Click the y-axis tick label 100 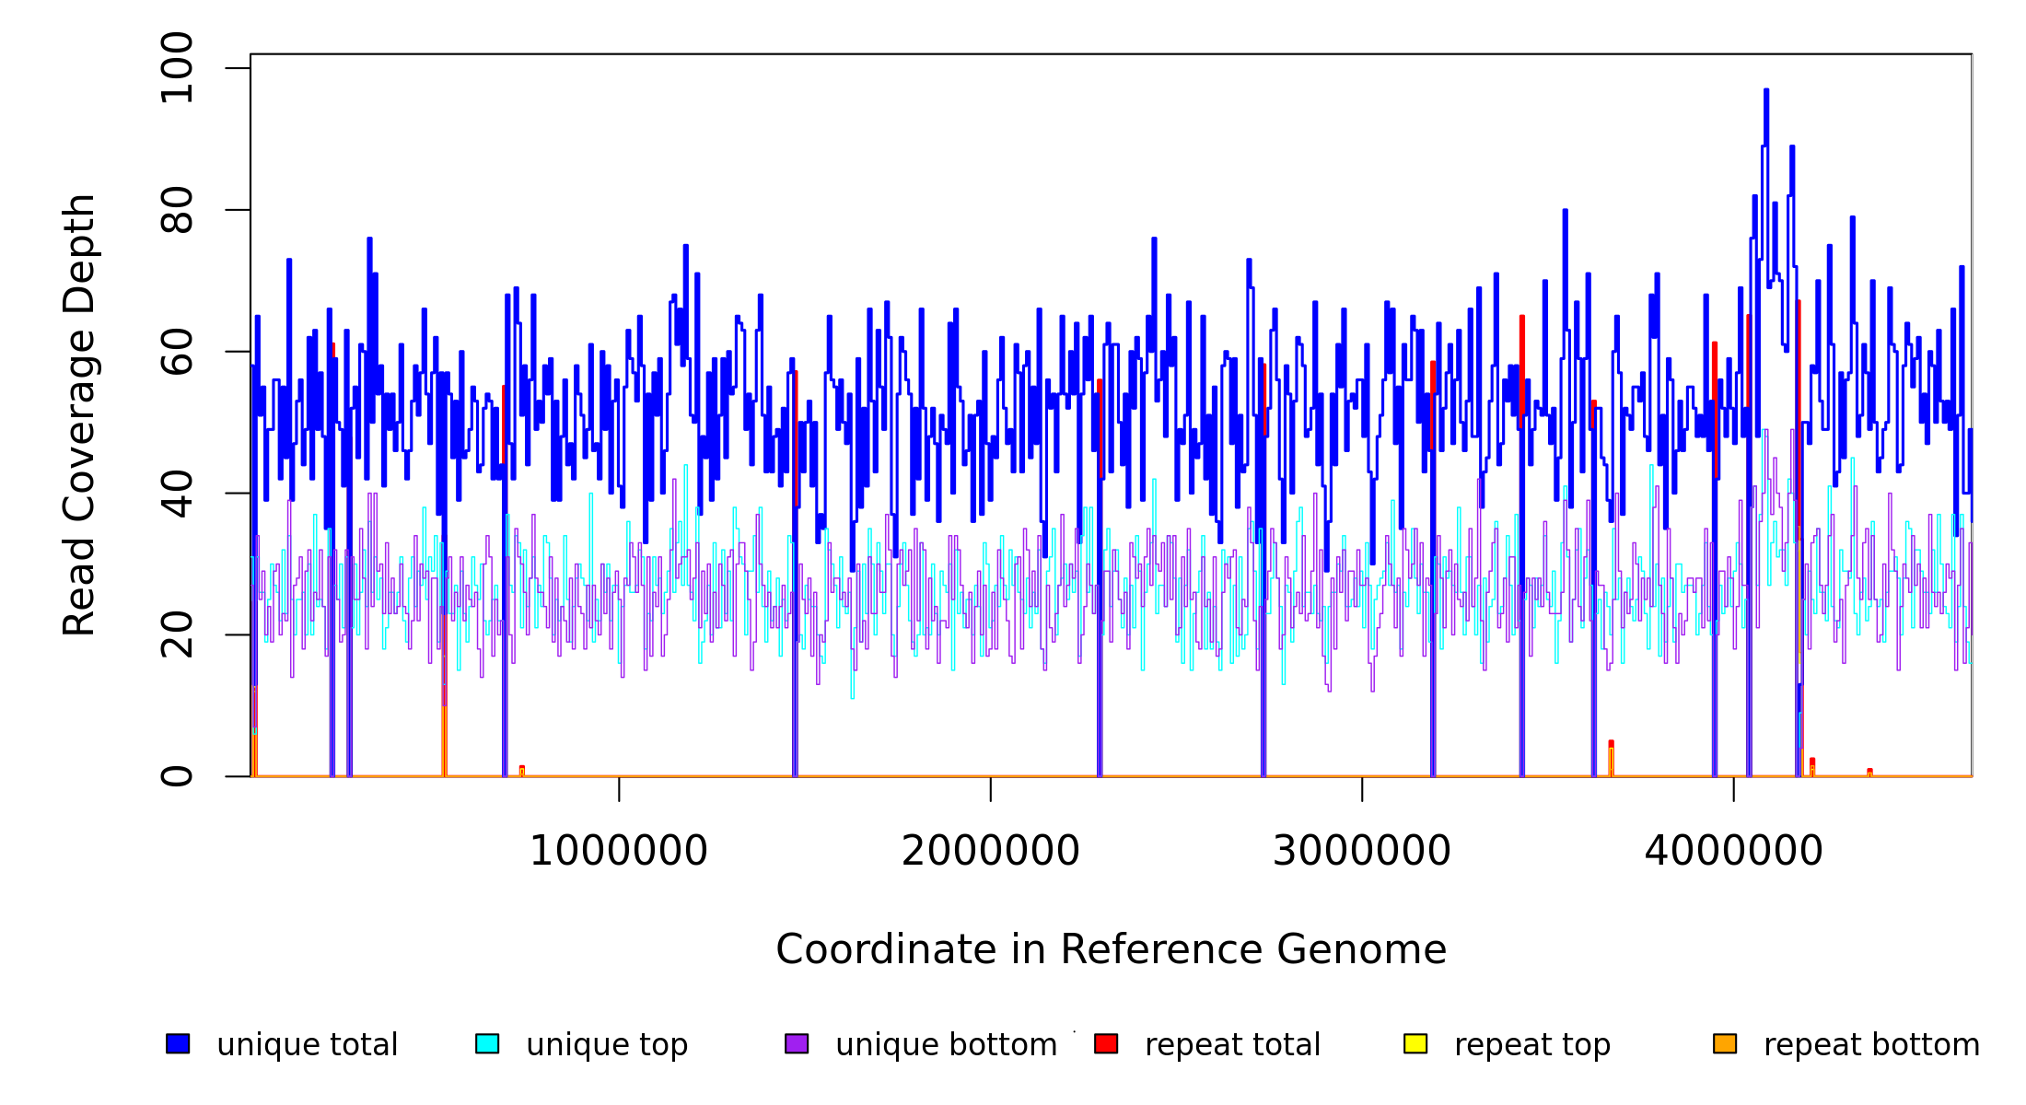click(177, 68)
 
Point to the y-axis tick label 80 click(177, 210)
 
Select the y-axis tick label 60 click(177, 352)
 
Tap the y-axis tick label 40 click(177, 494)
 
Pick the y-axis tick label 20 click(177, 635)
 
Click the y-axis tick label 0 click(177, 776)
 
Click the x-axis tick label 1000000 click(619, 852)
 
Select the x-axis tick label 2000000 click(991, 852)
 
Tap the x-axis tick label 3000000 click(1362, 852)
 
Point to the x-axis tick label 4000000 click(1734, 852)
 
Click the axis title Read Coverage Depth click(79, 414)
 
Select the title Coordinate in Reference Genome click(1111, 950)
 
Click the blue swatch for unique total click(178, 1043)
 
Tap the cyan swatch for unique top click(487, 1043)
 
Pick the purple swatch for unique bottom click(797, 1043)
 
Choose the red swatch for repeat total click(1106, 1043)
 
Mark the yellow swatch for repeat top click(1415, 1043)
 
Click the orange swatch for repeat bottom click(1725, 1043)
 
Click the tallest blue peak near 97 click(1766, 90)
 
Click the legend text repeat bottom click(1871, 1045)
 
